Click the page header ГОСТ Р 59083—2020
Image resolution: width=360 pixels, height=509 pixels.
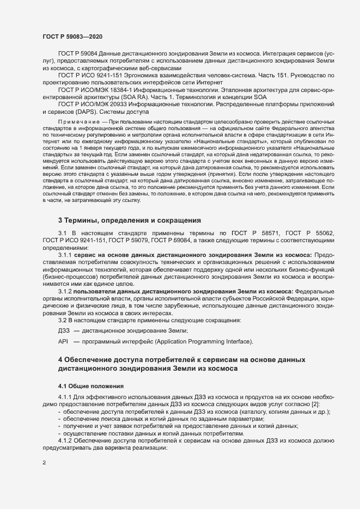(x=71, y=36)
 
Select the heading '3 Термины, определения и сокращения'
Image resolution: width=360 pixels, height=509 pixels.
(x=130, y=220)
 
